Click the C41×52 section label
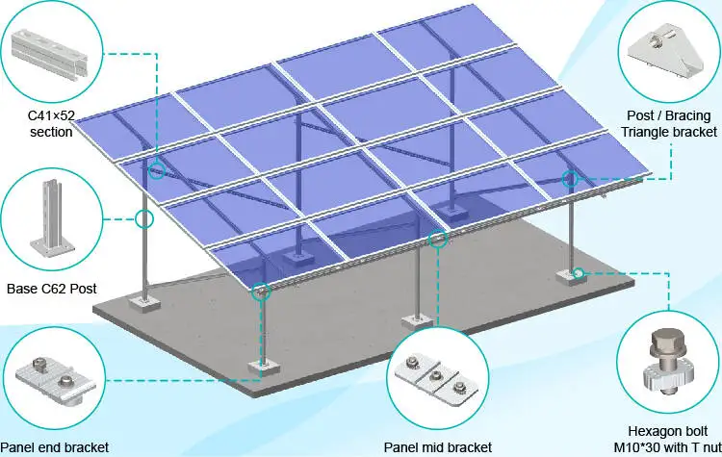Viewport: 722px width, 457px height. click(49, 124)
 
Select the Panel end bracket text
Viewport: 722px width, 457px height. click(54, 446)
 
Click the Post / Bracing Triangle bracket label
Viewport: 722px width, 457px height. click(665, 124)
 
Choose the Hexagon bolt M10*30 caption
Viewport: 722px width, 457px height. click(665, 438)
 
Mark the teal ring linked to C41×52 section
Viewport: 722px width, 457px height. click(157, 171)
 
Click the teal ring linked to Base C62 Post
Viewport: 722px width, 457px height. click(144, 218)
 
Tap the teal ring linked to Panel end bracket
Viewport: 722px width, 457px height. click(260, 292)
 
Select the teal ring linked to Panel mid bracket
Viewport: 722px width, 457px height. click(438, 238)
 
